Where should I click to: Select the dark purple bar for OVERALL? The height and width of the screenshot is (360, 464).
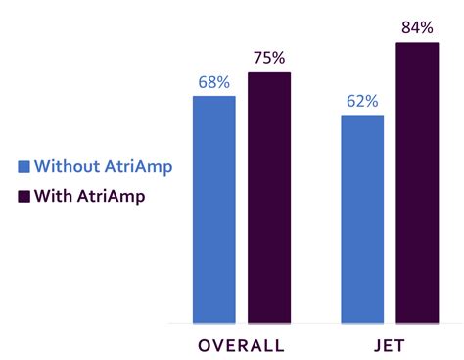[x=269, y=197]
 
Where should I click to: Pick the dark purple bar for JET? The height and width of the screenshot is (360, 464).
[x=417, y=182]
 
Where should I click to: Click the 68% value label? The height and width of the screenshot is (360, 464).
[x=213, y=83]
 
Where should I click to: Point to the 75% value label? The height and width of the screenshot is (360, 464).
[x=269, y=59]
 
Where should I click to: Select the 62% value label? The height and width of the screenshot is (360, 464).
[x=362, y=103]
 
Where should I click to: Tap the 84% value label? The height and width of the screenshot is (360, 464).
[x=418, y=27]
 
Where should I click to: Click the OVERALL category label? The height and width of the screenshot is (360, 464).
[x=241, y=345]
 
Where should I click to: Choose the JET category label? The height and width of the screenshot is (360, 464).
[x=390, y=345]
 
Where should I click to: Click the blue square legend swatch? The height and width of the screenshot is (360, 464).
[x=24, y=166]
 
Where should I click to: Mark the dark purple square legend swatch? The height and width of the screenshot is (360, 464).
[x=24, y=195]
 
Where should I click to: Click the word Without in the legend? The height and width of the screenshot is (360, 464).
[x=70, y=166]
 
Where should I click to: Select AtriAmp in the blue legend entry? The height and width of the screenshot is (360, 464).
[x=141, y=166]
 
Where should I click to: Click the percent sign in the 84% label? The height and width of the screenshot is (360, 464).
[x=427, y=27]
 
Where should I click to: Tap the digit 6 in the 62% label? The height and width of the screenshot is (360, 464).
[x=350, y=103]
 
